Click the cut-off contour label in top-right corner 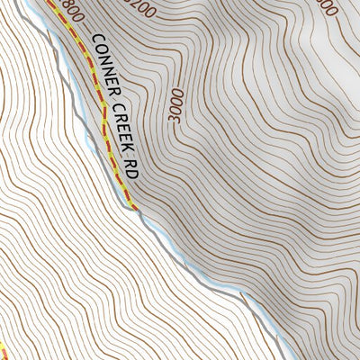328,6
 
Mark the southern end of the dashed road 136,209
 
